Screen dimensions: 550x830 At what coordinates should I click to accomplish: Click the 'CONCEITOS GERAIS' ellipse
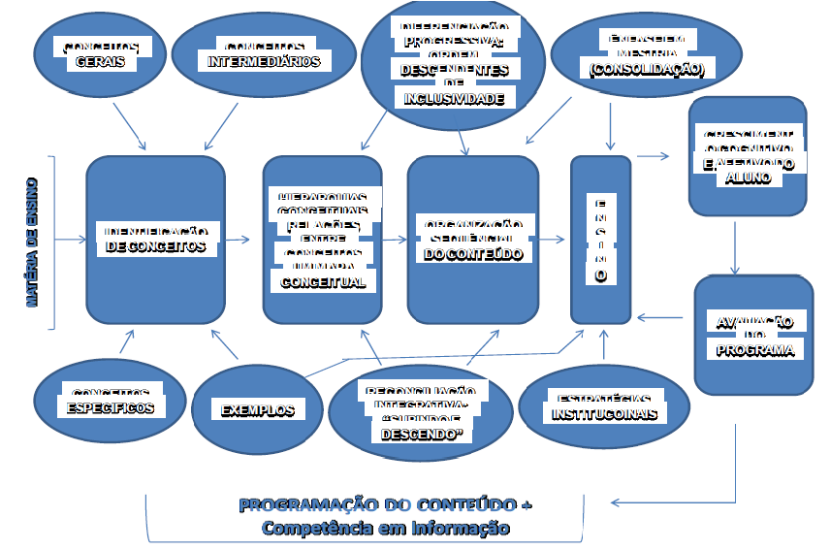click(x=99, y=54)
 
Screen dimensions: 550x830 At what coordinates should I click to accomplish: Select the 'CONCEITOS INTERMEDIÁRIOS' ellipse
click(x=264, y=54)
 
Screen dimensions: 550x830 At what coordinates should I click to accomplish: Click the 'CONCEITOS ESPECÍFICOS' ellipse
click(x=109, y=402)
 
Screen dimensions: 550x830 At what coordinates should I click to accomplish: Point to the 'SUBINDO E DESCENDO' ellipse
click(x=420, y=412)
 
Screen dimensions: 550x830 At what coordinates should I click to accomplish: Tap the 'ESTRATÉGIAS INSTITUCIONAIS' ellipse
click(x=604, y=406)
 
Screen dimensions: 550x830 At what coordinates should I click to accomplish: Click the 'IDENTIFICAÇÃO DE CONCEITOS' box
click(x=155, y=240)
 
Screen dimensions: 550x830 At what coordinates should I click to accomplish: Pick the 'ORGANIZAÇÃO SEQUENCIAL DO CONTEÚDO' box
click(x=472, y=240)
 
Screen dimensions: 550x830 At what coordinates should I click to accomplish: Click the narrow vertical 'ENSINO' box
click(x=600, y=240)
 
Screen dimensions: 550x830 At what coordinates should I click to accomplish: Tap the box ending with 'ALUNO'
click(x=747, y=155)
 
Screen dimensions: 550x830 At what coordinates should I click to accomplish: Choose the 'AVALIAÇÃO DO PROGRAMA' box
click(x=753, y=335)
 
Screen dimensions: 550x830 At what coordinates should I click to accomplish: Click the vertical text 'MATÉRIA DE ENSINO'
click(x=33, y=242)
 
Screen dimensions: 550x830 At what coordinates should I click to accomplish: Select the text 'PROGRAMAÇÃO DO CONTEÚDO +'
click(x=385, y=505)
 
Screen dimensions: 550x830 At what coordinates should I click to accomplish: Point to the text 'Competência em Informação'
click(x=385, y=528)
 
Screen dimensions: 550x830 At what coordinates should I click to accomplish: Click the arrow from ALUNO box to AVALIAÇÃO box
click(x=735, y=247)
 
